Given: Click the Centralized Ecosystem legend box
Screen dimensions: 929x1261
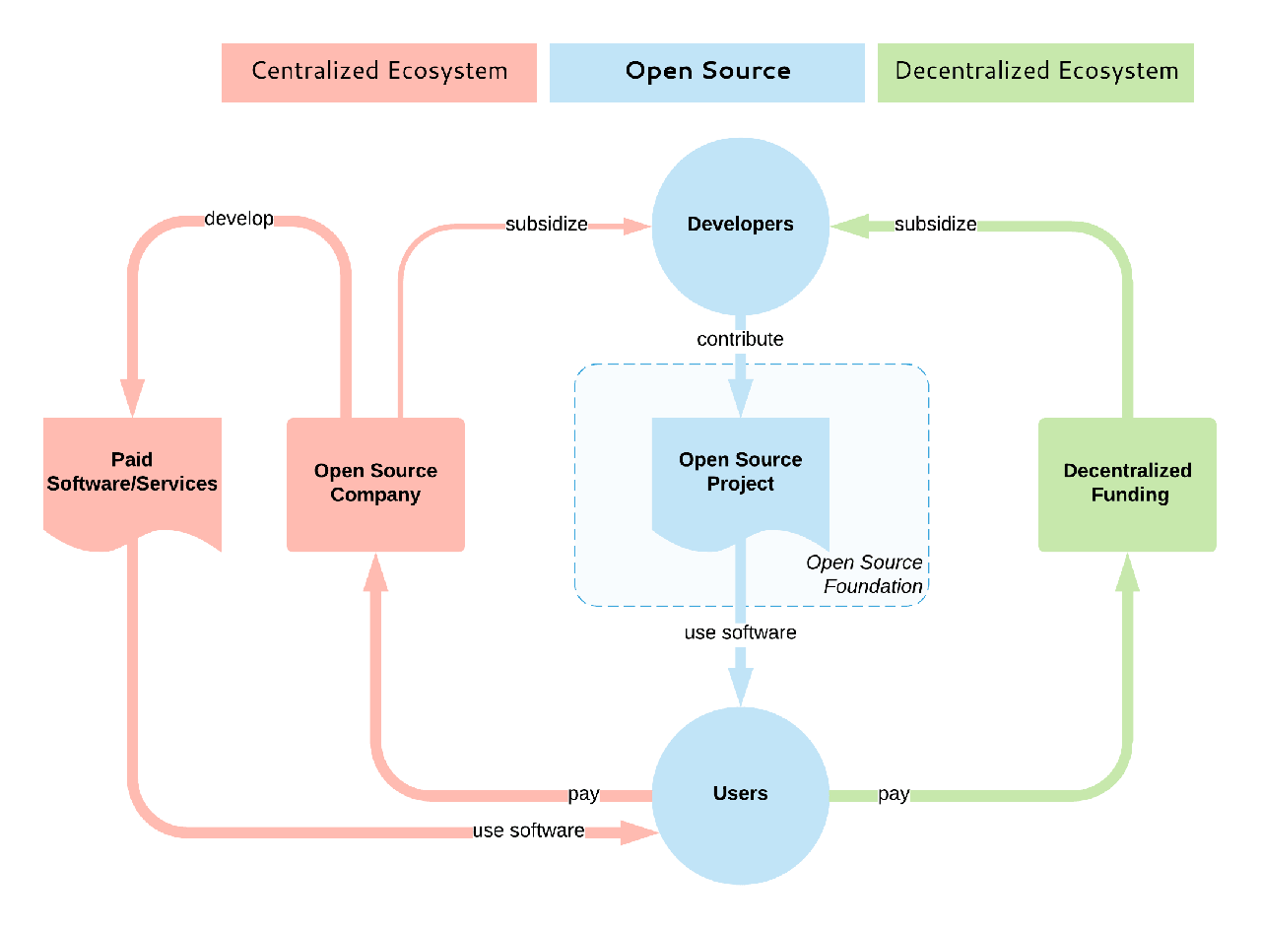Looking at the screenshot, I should pyautogui.click(x=379, y=72).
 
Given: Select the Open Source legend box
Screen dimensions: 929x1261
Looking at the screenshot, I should pyautogui.click(x=707, y=72).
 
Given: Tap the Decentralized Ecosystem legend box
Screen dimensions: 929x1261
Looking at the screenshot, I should pyautogui.click(x=1035, y=72).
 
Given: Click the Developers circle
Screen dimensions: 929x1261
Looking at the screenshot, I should pyautogui.click(x=741, y=226).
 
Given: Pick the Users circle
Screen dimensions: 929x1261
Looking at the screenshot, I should pyautogui.click(x=741, y=794).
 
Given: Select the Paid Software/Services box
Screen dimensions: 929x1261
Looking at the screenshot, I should pyautogui.click(x=132, y=473).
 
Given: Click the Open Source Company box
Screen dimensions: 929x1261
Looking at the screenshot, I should pyautogui.click(x=375, y=484).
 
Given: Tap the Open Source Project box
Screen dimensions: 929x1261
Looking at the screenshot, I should pyautogui.click(x=741, y=473).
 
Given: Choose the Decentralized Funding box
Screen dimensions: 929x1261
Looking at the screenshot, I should pyautogui.click(x=1128, y=484).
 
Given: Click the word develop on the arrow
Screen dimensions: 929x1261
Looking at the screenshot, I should pyautogui.click(x=238, y=218).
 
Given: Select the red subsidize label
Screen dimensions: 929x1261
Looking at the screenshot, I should pyautogui.click(x=547, y=225).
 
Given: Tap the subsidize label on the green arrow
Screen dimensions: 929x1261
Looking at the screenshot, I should pyautogui.click(x=935, y=225).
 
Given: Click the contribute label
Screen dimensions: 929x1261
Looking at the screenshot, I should pyautogui.click(x=740, y=339).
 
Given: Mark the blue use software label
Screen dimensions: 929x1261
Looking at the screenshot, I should pyautogui.click(x=740, y=632).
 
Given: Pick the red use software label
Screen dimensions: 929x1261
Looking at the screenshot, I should pyautogui.click(x=528, y=830).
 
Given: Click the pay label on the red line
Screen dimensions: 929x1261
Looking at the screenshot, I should pyautogui.click(x=583, y=794).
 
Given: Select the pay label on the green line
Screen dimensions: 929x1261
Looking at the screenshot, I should pyautogui.click(x=894, y=794).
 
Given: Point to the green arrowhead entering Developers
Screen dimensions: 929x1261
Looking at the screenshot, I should pyautogui.click(x=846, y=226).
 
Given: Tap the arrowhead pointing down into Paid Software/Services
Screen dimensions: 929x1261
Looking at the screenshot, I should pyautogui.click(x=132, y=399).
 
